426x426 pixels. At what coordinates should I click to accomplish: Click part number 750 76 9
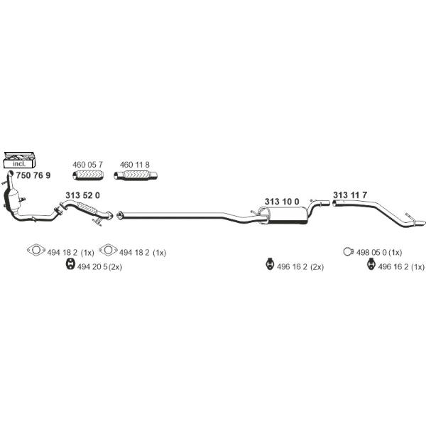33,175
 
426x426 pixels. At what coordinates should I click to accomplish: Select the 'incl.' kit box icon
20,160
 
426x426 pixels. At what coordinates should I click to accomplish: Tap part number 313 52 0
82,195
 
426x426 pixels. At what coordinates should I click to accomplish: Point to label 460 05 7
87,165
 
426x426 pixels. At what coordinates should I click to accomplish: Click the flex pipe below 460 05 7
88,175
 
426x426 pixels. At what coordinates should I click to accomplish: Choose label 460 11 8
135,165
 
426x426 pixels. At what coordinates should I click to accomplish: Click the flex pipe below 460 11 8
136,175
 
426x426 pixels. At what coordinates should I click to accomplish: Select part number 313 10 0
282,202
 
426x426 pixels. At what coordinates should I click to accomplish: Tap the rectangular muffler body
288,215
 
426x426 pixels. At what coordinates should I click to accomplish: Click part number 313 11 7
350,195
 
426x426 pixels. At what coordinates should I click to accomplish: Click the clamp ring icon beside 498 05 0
348,252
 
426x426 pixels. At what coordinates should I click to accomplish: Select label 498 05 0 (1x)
379,253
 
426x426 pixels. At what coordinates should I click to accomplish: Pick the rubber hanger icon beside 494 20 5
70,264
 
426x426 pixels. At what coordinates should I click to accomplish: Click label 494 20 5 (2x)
99,267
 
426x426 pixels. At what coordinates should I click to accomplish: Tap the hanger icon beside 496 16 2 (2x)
269,264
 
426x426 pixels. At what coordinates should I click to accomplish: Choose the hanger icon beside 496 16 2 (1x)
371,265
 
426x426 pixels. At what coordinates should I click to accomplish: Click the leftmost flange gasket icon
36,249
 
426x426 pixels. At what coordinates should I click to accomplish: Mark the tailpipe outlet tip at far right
424,222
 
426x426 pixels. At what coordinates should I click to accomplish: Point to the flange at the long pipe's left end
119,215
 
